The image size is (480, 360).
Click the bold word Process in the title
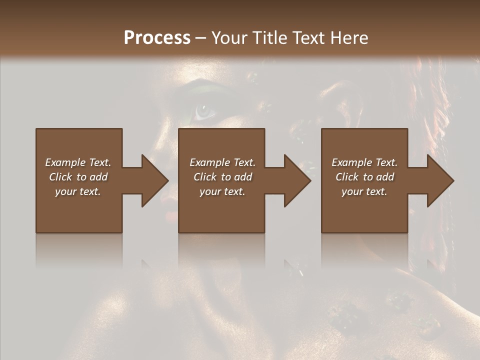(x=157, y=38)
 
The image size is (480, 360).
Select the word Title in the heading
(x=270, y=38)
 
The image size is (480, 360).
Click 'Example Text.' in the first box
(x=78, y=162)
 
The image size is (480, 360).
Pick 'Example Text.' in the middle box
(x=222, y=162)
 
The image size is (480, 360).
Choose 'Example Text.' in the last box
(x=364, y=162)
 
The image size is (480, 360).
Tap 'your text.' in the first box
(x=78, y=191)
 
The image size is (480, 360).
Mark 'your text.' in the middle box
(x=222, y=191)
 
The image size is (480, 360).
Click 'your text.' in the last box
(x=364, y=191)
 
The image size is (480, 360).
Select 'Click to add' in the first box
(x=78, y=177)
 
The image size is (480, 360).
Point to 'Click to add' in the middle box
(x=222, y=177)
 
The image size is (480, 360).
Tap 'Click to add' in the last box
(x=364, y=177)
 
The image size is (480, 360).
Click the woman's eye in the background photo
(x=204, y=111)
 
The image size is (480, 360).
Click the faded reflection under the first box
(x=79, y=250)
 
